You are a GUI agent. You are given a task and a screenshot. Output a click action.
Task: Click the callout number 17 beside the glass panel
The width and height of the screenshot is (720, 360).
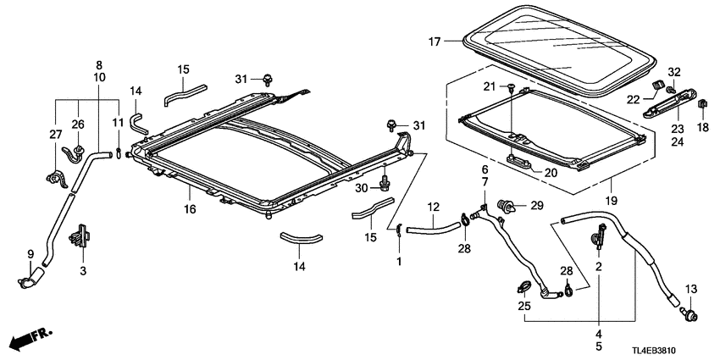434,41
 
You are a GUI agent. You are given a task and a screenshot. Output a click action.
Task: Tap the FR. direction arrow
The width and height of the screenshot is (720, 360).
30,340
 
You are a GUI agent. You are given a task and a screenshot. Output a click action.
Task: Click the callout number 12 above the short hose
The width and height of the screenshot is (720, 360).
433,208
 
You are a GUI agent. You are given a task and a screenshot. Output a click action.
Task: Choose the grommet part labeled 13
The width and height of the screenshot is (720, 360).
690,314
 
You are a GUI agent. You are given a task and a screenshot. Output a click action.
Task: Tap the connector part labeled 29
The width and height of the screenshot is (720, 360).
509,206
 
